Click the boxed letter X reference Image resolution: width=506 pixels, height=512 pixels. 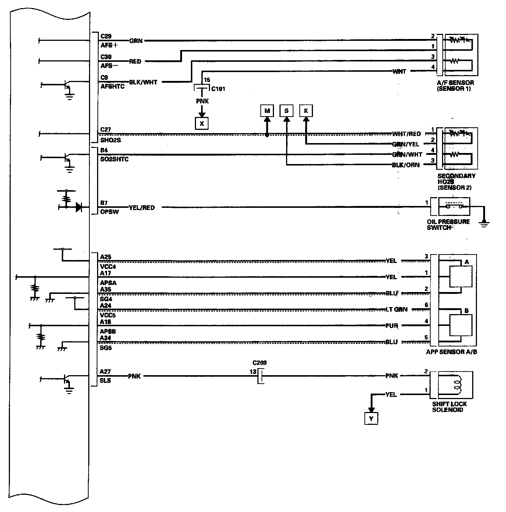point(202,124)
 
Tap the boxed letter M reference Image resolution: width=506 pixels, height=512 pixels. point(267,111)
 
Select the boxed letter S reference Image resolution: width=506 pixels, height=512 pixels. point(286,111)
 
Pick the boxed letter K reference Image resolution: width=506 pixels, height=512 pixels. point(306,111)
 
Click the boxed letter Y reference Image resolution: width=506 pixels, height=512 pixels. point(371,419)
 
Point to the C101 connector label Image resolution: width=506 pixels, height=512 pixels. point(218,89)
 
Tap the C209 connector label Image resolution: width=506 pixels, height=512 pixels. point(259,363)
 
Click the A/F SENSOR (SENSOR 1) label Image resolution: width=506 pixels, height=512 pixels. point(455,86)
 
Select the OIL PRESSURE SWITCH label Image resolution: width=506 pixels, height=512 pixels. point(448,224)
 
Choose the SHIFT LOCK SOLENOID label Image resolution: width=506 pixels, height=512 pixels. point(449,406)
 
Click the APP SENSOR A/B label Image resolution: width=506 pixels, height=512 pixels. point(451,352)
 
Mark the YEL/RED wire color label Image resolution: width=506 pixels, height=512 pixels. point(142,208)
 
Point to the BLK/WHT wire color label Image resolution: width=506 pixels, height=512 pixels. point(143,82)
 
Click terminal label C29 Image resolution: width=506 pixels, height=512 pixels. point(106,36)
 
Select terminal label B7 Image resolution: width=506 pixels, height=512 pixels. point(104,203)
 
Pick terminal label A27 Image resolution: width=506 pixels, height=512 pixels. point(105,372)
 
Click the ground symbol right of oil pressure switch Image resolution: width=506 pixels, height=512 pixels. point(485,222)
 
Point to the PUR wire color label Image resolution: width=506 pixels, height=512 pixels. point(392,326)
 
